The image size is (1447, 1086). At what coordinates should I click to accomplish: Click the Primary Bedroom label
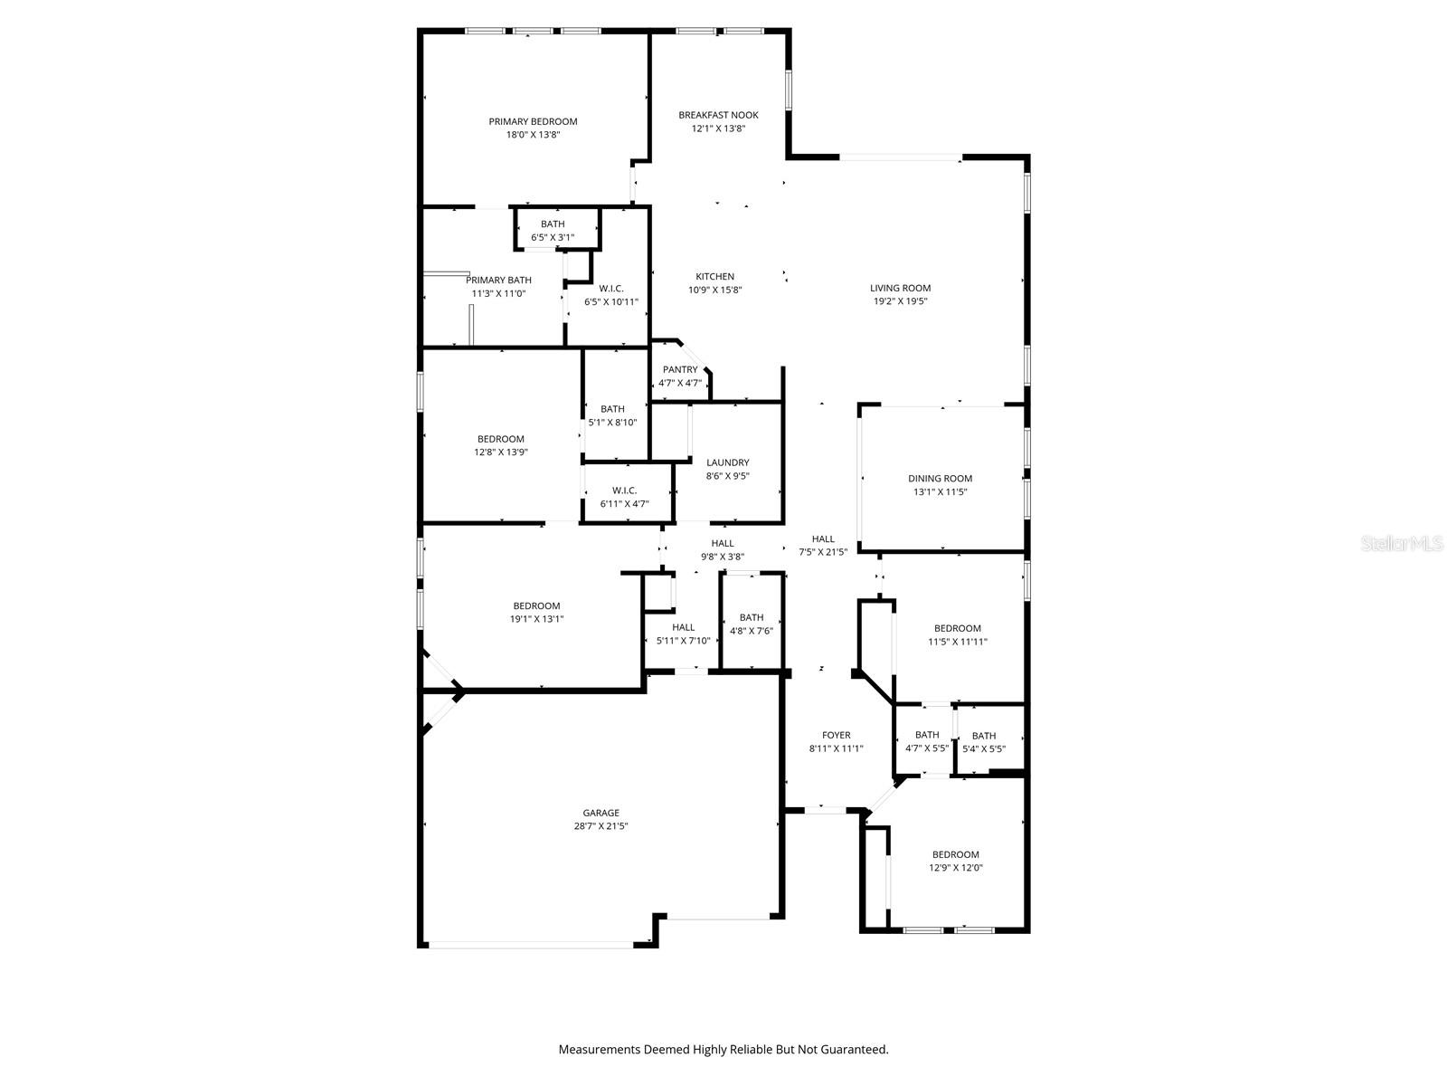[x=533, y=121]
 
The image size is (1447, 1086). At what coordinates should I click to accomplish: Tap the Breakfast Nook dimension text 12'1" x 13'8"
[x=718, y=129]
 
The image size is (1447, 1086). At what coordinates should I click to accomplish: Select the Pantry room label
[x=680, y=369]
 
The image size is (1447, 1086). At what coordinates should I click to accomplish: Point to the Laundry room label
[x=727, y=462]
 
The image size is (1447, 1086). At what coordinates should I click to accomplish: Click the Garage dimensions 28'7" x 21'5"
[x=601, y=826]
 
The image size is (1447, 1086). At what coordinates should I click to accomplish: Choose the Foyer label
[x=836, y=735]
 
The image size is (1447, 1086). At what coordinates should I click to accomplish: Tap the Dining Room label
[x=940, y=479]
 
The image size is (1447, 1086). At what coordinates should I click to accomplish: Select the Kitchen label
[x=714, y=276]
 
